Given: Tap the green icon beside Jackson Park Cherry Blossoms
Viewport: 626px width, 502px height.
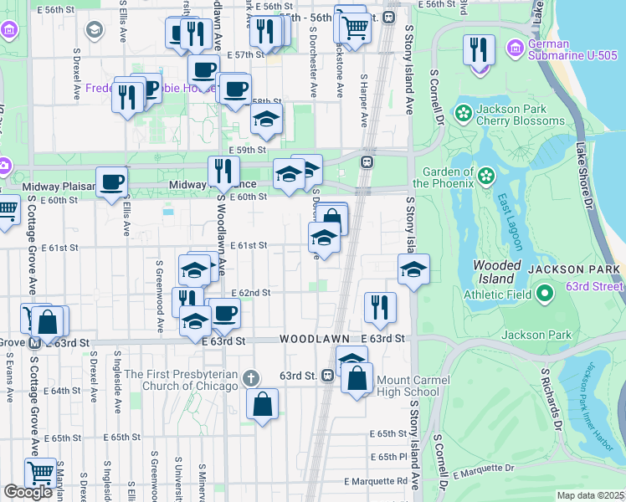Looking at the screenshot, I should (x=461, y=112).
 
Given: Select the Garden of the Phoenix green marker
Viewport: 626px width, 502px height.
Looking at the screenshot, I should (x=485, y=177).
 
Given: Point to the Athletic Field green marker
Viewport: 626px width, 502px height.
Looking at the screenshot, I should (x=545, y=293).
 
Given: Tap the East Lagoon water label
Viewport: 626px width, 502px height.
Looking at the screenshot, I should (x=511, y=222).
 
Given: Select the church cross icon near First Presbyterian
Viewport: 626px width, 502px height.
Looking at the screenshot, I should (x=250, y=379).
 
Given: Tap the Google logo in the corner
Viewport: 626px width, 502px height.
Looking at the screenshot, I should (x=28, y=492).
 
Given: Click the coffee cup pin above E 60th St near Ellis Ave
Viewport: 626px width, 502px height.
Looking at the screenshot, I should (x=111, y=182).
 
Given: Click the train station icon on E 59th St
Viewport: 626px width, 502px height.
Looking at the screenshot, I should (x=366, y=161).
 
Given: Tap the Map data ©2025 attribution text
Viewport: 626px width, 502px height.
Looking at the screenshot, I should (x=589, y=495).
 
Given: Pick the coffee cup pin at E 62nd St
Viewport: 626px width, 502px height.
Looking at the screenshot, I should (x=223, y=314).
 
